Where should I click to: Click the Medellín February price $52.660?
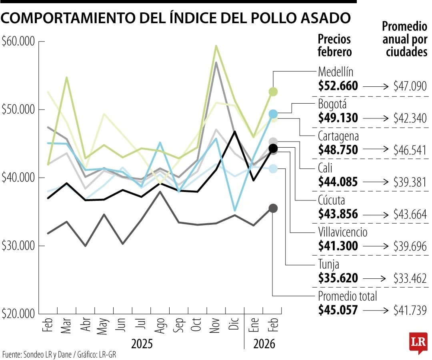[338, 86]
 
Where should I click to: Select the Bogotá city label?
[332, 104]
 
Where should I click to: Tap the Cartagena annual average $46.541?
[410, 150]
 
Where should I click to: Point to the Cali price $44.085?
[338, 182]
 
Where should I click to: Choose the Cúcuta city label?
[331, 200]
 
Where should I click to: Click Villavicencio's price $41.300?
[338, 246]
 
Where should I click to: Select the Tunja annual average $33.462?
[410, 278]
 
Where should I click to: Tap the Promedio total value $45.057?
[338, 310]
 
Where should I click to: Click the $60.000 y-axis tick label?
[19, 42]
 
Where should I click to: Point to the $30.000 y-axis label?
[19, 246]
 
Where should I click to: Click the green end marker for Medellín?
[273, 92]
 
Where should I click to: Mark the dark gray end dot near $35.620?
[273, 208]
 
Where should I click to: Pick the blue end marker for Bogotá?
[273, 114]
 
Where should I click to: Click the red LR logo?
[418, 342]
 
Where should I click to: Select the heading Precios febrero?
[334, 45]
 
